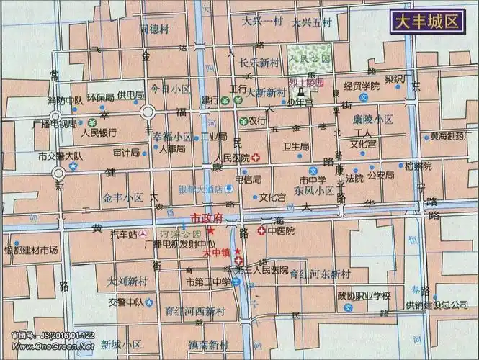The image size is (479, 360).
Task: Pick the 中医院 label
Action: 281,231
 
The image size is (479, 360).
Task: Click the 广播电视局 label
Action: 55,124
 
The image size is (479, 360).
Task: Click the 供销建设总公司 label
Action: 437,305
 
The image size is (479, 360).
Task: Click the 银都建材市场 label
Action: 31,251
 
